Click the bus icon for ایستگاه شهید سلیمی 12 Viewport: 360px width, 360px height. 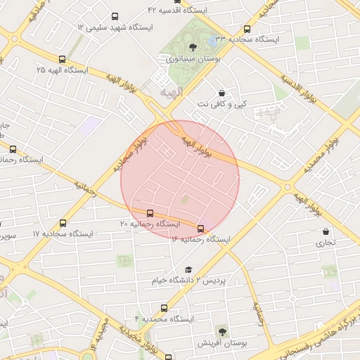(115, 16)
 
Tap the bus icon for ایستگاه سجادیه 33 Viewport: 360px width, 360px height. (247, 30)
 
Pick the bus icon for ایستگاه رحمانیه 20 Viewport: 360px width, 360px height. (150, 213)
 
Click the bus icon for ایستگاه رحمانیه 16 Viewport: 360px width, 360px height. (201, 229)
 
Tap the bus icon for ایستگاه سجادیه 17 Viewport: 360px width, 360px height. (64, 223)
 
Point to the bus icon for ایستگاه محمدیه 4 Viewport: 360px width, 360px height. (165, 308)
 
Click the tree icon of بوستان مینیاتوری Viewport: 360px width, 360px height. (193, 48)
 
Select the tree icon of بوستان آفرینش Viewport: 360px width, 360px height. (223, 330)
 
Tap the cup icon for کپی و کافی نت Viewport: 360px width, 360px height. (222, 93)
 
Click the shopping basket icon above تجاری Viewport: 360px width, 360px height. (326, 231)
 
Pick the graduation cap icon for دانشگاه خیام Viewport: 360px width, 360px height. (188, 270)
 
